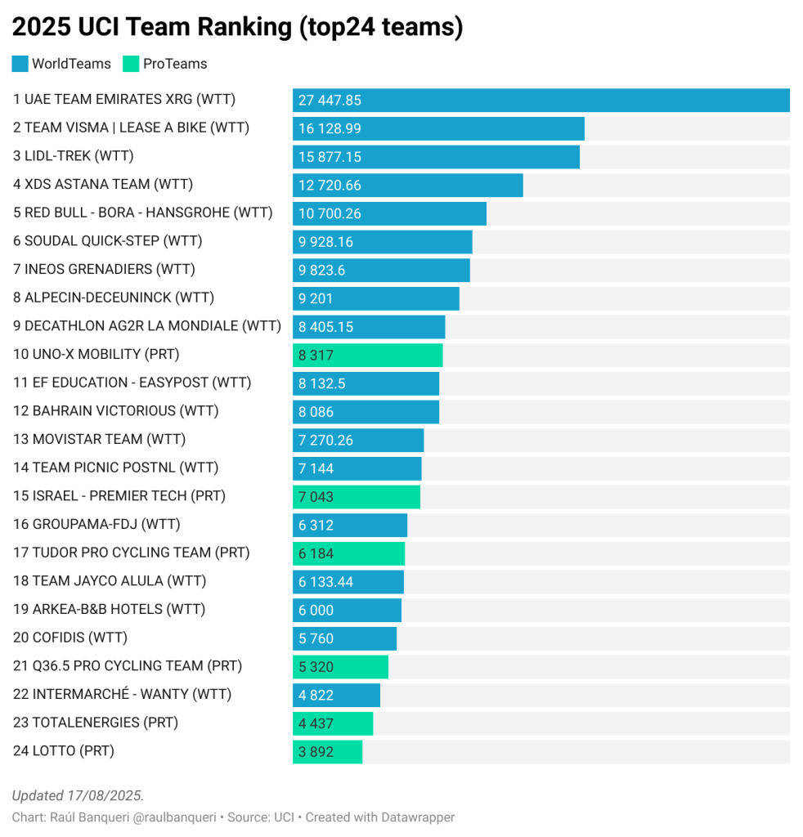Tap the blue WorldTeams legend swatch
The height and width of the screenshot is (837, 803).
tap(20, 64)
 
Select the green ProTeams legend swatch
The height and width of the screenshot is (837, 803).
tap(130, 64)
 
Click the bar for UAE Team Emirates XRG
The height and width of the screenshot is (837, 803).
tap(541, 100)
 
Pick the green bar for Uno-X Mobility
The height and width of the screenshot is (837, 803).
tap(367, 355)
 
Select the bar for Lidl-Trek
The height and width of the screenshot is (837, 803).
tap(436, 156)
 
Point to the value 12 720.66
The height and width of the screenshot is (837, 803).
tap(330, 185)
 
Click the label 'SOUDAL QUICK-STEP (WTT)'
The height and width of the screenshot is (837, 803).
tap(107, 241)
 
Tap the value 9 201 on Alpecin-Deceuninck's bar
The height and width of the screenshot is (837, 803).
tap(316, 298)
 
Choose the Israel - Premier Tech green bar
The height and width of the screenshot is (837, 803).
tap(356, 496)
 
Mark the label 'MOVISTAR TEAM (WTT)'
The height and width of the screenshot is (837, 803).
tap(99, 440)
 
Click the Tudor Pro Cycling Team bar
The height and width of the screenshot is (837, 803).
tap(348, 553)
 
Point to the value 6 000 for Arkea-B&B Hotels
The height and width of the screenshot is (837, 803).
tap(316, 610)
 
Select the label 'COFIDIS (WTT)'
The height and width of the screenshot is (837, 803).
tap(70, 638)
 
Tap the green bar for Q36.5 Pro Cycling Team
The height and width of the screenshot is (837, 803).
tap(340, 666)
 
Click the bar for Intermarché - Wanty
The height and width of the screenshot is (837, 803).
tap(336, 695)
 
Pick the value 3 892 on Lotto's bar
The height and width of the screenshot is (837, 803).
tap(316, 751)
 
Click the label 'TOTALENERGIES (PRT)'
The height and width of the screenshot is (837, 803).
tap(96, 723)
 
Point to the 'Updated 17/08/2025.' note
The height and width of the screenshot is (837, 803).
tap(78, 795)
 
